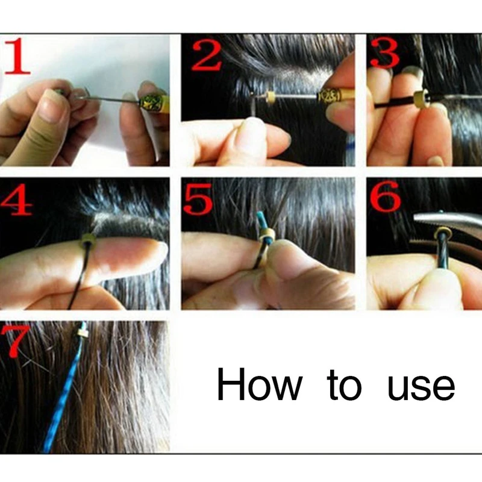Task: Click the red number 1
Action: (x=18, y=55)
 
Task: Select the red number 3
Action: (x=385, y=52)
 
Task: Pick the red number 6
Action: (x=386, y=197)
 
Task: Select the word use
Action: (x=421, y=388)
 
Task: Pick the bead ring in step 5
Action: (x=267, y=236)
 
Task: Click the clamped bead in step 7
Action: (x=81, y=333)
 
